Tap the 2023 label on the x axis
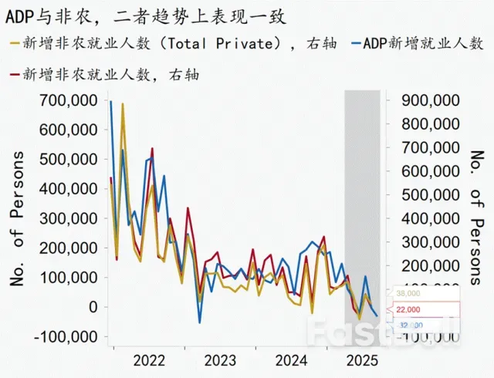coord(220,359)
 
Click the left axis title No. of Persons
coord(17,219)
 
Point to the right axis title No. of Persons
coord(478,219)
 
